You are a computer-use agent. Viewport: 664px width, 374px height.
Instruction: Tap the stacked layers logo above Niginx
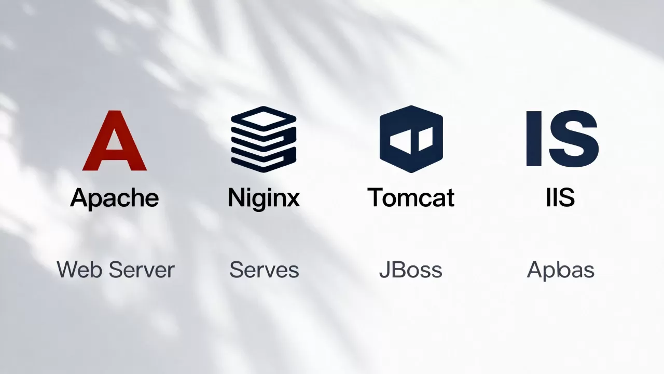click(264, 139)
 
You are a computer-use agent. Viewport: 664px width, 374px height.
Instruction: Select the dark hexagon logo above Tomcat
click(411, 139)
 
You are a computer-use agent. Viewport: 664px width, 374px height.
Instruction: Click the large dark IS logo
click(562, 138)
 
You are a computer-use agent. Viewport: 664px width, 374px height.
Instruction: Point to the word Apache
click(115, 198)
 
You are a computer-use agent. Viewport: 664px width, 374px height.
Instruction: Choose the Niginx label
click(264, 198)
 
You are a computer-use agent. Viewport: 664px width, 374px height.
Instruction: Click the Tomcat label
click(411, 197)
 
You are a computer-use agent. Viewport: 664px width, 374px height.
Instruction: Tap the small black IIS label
click(561, 197)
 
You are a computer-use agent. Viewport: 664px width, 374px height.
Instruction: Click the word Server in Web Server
click(142, 270)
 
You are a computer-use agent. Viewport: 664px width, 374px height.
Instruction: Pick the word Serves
click(264, 270)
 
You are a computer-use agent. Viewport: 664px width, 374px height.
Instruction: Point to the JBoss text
click(411, 270)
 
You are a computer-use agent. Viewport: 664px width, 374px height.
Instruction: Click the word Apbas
click(561, 270)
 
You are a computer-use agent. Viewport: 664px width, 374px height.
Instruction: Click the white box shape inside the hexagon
click(411, 141)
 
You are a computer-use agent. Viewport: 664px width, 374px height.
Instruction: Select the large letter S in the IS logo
click(574, 138)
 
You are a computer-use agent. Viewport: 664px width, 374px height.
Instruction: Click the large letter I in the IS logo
click(534, 139)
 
